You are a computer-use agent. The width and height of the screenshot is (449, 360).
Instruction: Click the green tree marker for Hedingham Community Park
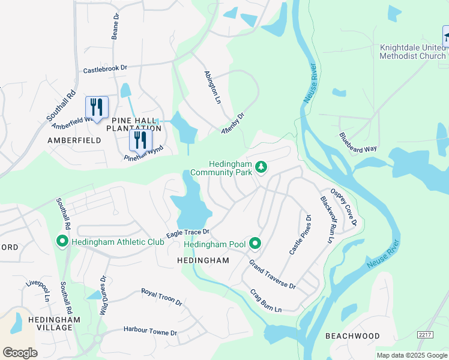pyautogui.click(x=261, y=166)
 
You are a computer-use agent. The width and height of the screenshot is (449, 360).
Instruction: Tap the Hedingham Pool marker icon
pyautogui.click(x=255, y=243)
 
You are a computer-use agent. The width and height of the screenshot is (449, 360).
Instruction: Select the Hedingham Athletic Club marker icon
pyautogui.click(x=62, y=241)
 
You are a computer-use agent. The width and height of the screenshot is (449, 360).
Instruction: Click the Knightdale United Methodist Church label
pyautogui.click(x=412, y=52)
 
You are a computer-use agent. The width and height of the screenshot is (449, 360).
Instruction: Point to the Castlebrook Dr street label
pyautogui.click(x=106, y=69)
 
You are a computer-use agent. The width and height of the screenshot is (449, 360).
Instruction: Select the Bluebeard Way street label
pyautogui.click(x=358, y=142)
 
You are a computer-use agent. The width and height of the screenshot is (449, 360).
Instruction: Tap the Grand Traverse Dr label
pyautogui.click(x=273, y=274)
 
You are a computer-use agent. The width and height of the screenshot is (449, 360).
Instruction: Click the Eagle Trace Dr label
pyautogui.click(x=187, y=233)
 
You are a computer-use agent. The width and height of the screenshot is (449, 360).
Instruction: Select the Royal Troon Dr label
pyautogui.click(x=161, y=297)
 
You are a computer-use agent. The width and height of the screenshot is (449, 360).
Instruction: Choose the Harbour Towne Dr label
pyautogui.click(x=150, y=331)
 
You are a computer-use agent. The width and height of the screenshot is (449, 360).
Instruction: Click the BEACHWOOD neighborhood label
pyautogui.click(x=352, y=336)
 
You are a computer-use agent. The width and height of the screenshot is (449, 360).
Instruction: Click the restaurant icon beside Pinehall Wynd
pyautogui.click(x=140, y=140)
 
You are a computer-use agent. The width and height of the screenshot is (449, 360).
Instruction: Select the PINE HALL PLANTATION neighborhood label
pyautogui.click(x=134, y=124)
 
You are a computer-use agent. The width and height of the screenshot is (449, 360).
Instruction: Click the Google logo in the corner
pyautogui.click(x=20, y=352)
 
